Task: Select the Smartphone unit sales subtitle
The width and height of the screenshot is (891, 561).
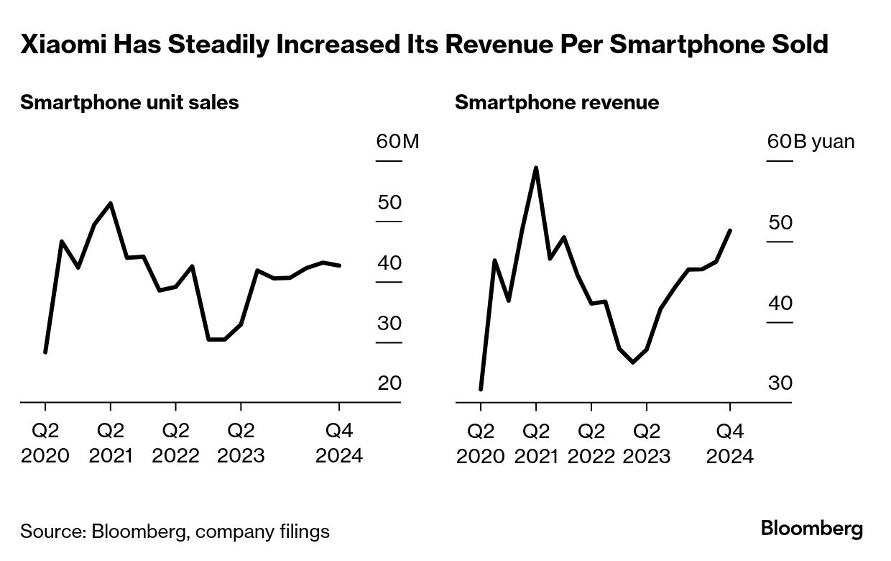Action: [x=129, y=103]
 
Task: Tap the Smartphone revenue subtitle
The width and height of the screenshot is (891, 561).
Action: [x=557, y=103]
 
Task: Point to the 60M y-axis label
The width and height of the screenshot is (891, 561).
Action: [x=397, y=141]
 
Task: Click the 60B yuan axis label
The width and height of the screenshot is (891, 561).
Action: [x=811, y=141]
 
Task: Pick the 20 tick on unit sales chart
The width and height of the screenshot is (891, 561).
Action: [x=389, y=383]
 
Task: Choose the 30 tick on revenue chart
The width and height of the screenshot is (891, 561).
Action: [x=780, y=383]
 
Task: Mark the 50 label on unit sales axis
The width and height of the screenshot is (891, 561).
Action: [x=389, y=202]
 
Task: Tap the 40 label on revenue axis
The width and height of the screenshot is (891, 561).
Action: [x=780, y=303]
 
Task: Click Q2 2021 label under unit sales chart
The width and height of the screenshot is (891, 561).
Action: [x=111, y=443]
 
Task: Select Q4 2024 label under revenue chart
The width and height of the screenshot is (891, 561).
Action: [x=730, y=443]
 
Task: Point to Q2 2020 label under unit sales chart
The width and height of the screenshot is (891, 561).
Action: [x=45, y=443]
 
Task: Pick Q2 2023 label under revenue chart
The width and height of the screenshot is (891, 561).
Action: [x=646, y=443]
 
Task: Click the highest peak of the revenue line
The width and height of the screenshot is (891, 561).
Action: [x=535, y=168]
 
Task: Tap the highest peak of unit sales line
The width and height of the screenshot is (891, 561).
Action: [x=110, y=203]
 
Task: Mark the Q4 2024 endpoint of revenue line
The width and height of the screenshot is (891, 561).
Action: [x=730, y=230]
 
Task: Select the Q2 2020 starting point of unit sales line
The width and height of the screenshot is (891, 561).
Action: [x=45, y=352]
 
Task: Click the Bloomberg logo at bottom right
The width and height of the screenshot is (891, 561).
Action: [x=812, y=529]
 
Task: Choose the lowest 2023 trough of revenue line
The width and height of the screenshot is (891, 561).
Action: [x=632, y=362]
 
